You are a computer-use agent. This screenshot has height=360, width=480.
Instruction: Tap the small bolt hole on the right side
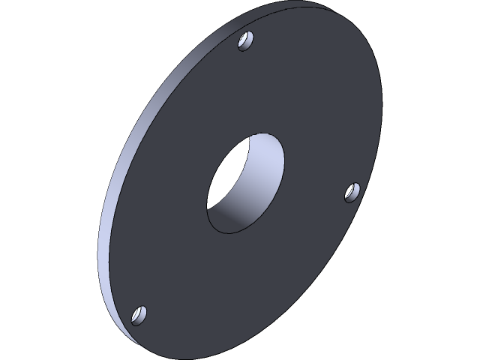(352, 192)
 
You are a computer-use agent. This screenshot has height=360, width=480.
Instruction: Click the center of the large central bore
(246, 183)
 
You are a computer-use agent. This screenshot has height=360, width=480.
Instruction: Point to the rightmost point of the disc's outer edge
(382, 97)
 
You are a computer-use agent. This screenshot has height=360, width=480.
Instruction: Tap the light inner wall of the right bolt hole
(355, 192)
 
